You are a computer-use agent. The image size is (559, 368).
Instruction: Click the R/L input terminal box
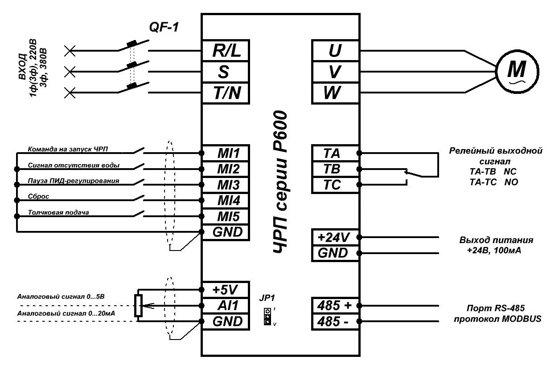coord(226,51)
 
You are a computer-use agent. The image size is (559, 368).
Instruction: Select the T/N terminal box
coord(226,93)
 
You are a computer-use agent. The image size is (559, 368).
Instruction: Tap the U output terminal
coord(334,51)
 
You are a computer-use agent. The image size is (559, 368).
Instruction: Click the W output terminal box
coord(334,93)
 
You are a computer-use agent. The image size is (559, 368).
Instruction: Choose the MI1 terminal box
coord(226,154)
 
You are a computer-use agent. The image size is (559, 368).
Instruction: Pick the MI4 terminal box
coord(226,201)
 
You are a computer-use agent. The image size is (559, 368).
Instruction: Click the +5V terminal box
coord(226,290)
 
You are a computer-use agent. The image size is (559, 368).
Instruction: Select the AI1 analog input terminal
coord(226,306)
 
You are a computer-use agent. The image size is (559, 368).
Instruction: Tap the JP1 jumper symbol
coord(267,316)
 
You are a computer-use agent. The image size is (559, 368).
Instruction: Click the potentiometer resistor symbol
coord(139,306)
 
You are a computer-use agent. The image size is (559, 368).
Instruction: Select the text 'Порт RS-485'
coord(496,308)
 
